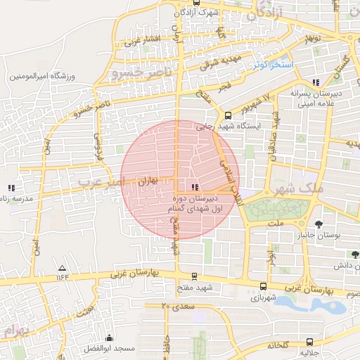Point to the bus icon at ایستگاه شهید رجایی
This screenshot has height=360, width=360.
(227, 116)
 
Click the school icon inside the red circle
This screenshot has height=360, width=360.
(195, 187)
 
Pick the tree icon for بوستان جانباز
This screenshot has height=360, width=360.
(319, 225)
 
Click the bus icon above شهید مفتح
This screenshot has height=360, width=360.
(195, 277)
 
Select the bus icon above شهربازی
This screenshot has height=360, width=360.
(263, 286)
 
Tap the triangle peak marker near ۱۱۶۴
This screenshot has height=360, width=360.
(62, 269)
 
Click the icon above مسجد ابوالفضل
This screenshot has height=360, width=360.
(109, 338)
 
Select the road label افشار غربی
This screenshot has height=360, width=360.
(143, 40)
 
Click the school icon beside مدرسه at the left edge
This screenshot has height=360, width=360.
(11, 188)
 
